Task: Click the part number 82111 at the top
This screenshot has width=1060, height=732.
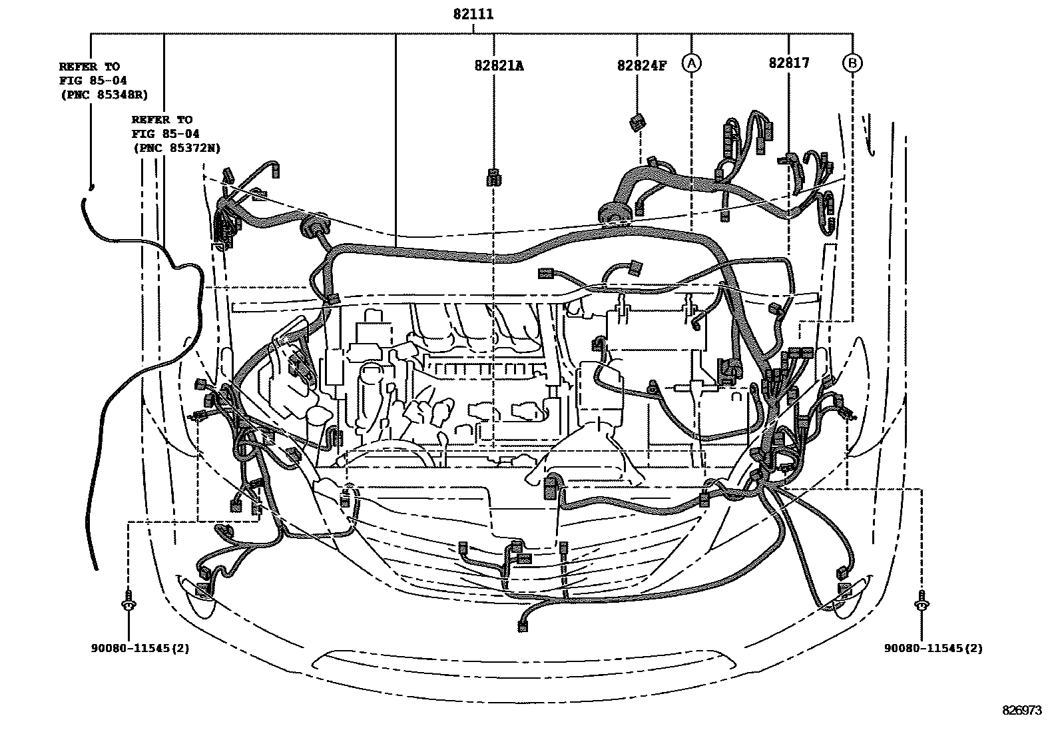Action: coord(473,14)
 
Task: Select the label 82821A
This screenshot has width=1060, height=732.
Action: coord(499,65)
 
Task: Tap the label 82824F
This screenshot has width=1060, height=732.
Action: coord(641,65)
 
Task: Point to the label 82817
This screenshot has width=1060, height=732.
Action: coord(788,63)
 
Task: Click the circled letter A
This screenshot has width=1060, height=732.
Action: coord(692,63)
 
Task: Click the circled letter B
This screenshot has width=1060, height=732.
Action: coord(852,63)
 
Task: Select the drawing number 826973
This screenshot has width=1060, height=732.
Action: coord(1022,711)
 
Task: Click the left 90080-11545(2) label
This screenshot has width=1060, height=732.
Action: coord(140,647)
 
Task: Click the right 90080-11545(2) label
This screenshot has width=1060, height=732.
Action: coord(933,647)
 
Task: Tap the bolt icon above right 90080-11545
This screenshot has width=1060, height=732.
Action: coord(922,601)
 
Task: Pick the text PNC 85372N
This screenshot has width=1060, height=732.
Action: coord(176,149)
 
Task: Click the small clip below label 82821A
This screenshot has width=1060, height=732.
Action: coord(494,178)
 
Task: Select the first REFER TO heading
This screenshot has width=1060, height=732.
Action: coord(89,67)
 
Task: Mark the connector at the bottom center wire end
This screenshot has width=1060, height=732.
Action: coord(523,625)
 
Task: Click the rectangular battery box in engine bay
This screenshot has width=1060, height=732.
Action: coord(656,329)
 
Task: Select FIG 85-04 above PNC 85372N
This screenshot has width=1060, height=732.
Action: coord(165,134)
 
